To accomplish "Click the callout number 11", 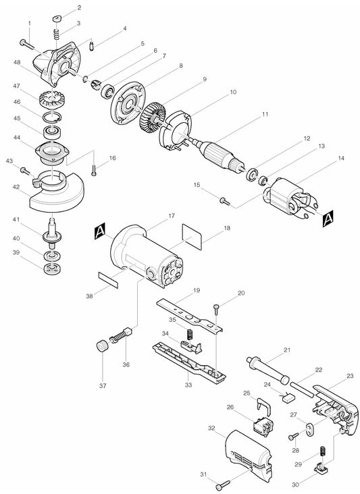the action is pos(265,114).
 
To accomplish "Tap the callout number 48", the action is pos(17,62).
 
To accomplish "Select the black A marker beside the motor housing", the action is pos(101,231).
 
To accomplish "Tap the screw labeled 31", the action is pos(226,483).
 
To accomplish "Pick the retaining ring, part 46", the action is pos(51,117).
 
